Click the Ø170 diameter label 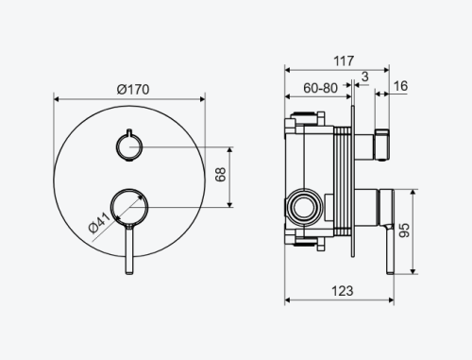tap(133, 90)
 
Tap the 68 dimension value tap(221, 175)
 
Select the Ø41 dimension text tap(99, 223)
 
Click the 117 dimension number tap(344, 60)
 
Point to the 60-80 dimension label tap(320, 88)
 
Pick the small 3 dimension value tap(364, 77)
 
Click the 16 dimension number tap(400, 86)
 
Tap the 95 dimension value tap(404, 231)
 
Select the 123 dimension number tap(343, 291)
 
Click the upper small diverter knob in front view tap(129, 146)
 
